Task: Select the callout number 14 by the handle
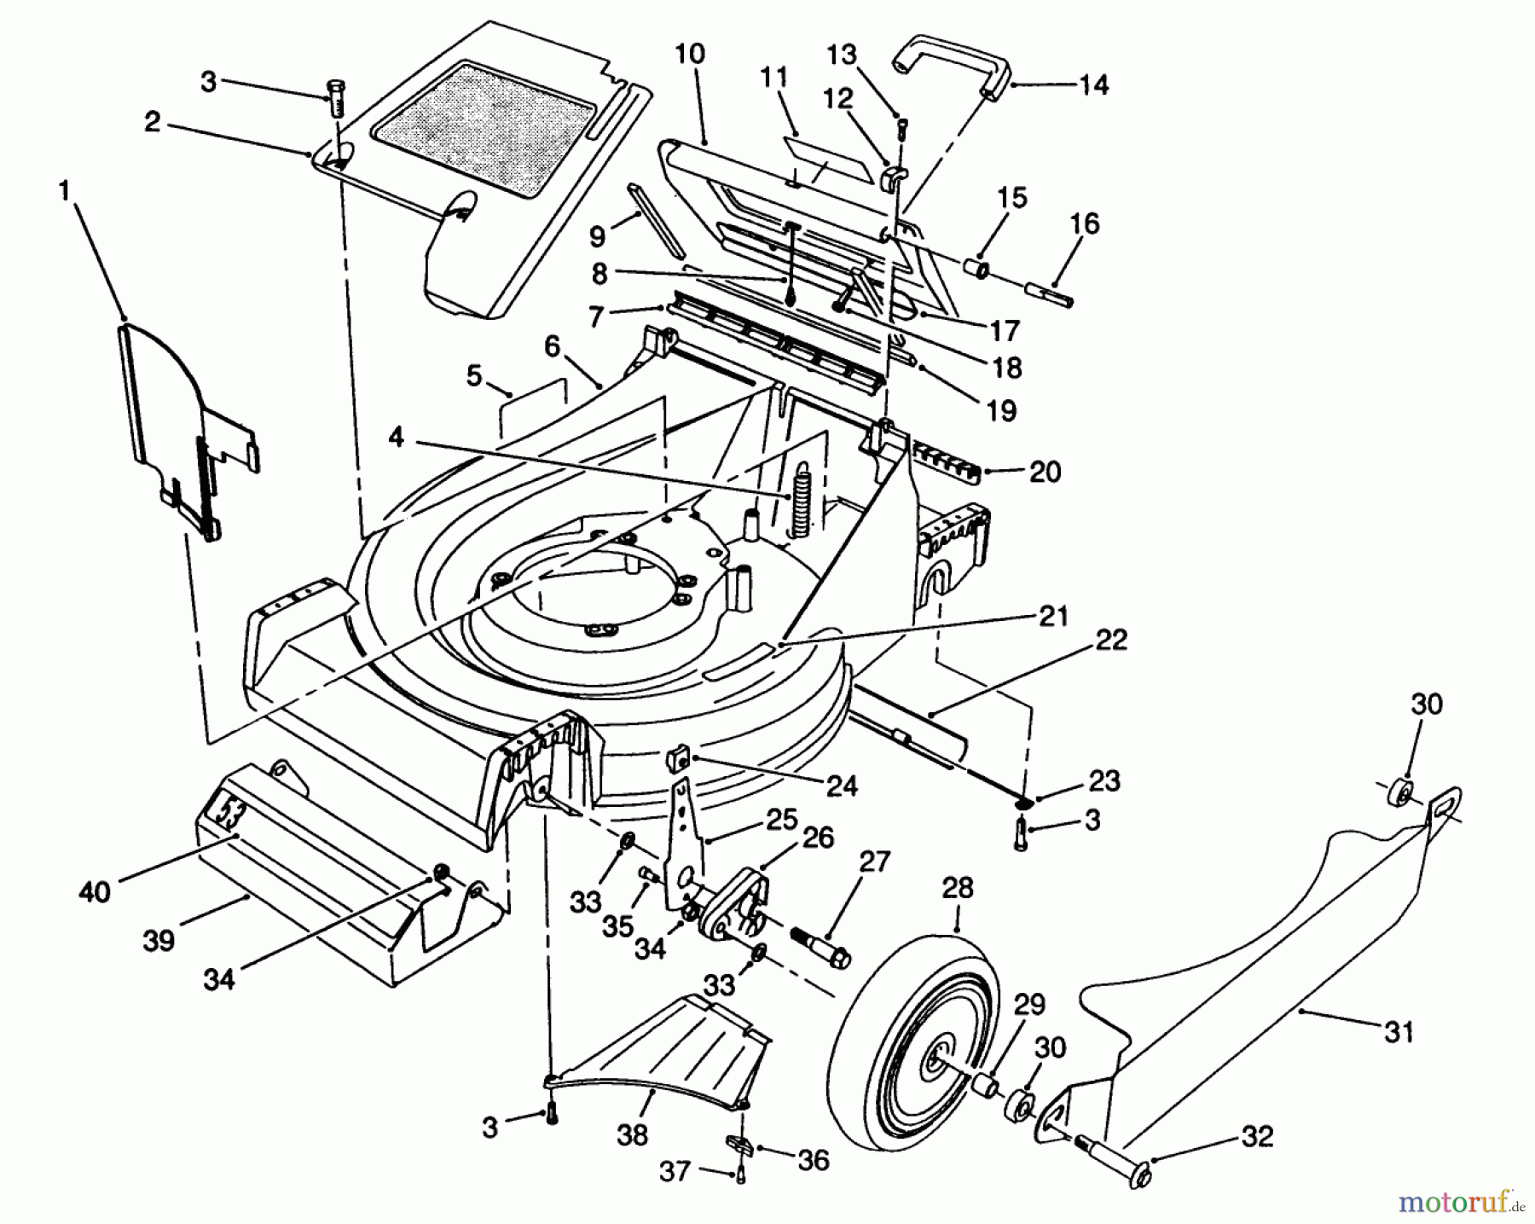[x=1093, y=85]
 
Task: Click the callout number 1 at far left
[x=64, y=191]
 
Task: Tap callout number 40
[x=94, y=892]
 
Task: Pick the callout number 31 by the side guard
[x=1399, y=1032]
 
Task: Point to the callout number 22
[x=1112, y=640]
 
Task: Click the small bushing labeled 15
[x=978, y=270]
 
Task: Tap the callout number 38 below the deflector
[x=632, y=1134]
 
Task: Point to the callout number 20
[x=1046, y=472]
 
